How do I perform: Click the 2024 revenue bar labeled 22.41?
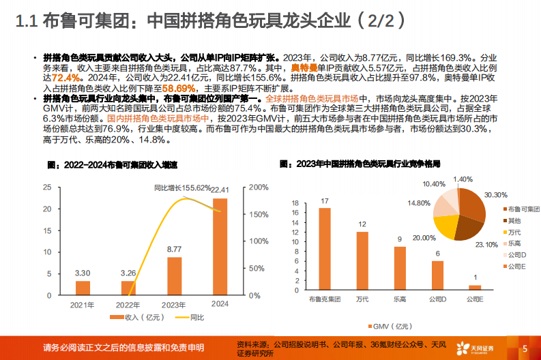pyautogui.click(x=220, y=246)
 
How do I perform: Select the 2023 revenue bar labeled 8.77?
pyautogui.click(x=175, y=276)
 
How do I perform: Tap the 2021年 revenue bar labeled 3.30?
pyautogui.click(x=83, y=288)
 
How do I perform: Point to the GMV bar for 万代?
pyautogui.click(x=362, y=261)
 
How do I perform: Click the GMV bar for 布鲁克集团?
pyautogui.click(x=325, y=249)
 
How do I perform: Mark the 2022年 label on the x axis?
pyautogui.click(x=128, y=304)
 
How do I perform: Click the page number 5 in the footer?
pyautogui.click(x=525, y=348)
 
